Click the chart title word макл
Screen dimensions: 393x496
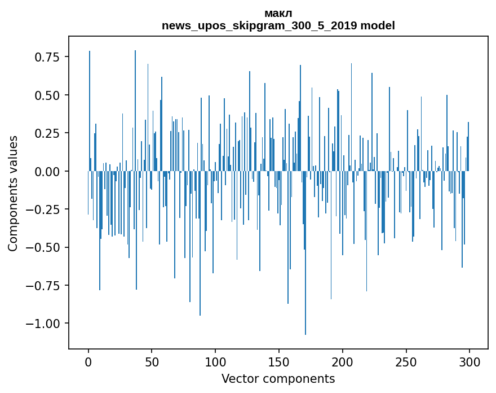278,14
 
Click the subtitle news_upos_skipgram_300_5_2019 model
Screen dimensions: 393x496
278,25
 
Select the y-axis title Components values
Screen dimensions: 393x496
13,193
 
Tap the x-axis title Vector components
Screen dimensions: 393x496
278,378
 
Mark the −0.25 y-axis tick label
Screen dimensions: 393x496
45,209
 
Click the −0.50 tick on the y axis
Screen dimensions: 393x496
45,247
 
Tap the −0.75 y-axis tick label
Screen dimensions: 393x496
45,285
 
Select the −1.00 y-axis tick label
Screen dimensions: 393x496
45,324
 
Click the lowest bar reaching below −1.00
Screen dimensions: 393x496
305,282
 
